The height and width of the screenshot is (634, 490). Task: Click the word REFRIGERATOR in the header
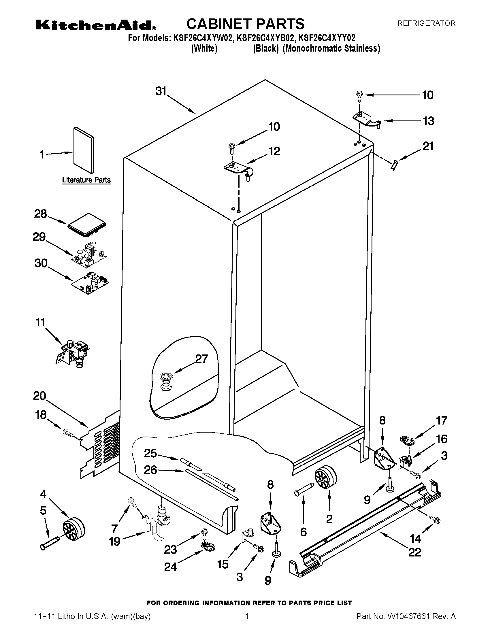tap(426, 23)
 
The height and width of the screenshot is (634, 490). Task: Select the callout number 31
tap(161, 91)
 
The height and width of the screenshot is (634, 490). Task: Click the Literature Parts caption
tap(86, 180)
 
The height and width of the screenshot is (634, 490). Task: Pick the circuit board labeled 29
tap(89, 251)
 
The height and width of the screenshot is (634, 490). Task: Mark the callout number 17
tap(442, 421)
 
